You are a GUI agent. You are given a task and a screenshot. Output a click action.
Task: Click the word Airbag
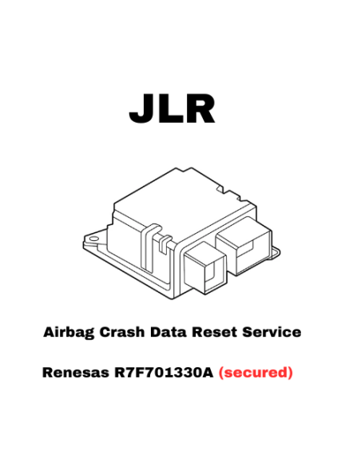69,333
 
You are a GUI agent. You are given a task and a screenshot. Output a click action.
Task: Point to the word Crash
122,332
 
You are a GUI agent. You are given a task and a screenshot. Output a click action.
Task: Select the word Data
169,332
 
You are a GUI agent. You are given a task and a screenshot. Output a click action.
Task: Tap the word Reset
215,332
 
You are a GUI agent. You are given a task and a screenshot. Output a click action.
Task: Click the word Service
272,332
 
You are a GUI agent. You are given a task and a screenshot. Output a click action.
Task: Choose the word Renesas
76,373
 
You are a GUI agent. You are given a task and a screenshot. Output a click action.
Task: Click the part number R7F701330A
164,373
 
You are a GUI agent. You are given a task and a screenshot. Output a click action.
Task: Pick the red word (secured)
256,373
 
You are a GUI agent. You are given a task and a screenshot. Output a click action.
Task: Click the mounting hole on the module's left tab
93,239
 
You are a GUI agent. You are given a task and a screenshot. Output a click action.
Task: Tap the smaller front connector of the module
205,267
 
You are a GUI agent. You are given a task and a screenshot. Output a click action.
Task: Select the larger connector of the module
244,245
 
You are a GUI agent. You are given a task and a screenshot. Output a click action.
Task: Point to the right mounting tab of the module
274,254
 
